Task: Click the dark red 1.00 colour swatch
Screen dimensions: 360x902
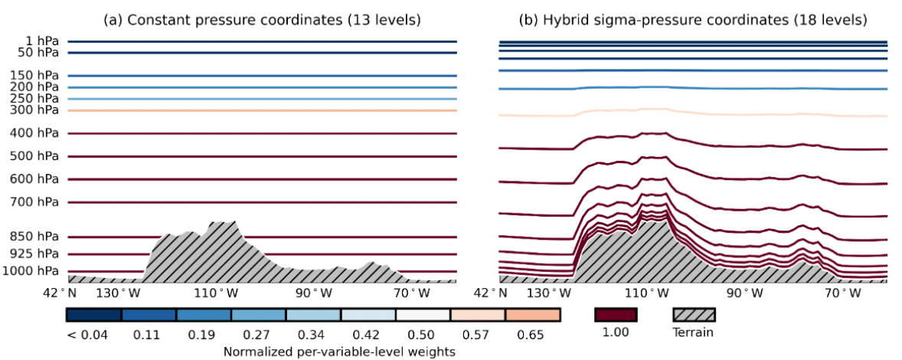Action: coord(616,315)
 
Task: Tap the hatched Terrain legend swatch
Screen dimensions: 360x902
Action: coord(694,315)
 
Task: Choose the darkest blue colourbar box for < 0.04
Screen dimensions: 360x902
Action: coord(93,315)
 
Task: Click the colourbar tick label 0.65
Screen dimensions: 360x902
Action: coord(531,334)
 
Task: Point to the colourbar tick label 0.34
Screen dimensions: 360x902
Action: coord(312,334)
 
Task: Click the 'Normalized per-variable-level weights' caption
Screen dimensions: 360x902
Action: coord(340,351)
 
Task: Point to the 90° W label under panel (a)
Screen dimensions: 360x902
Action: coord(315,293)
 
